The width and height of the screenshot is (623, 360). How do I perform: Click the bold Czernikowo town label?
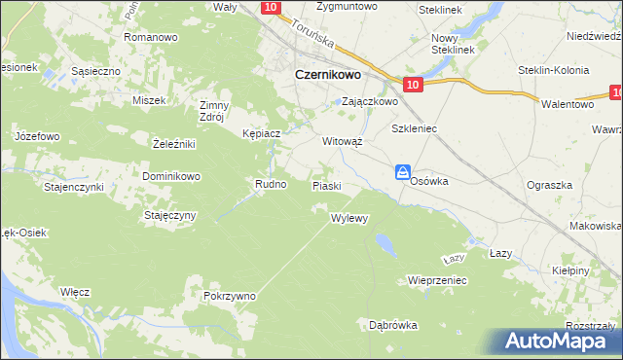coord(328,74)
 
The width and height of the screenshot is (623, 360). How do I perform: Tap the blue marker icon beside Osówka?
coord(403,172)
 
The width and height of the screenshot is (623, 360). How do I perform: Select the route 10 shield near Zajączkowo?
coord(413,86)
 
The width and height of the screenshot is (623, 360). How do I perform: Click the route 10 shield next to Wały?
coord(272,8)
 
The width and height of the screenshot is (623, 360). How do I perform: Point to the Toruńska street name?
coord(312,36)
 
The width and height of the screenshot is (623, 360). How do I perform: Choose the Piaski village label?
coord(325,185)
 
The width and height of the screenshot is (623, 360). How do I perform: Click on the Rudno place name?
coord(270,183)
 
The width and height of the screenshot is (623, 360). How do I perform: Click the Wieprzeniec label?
coord(438,280)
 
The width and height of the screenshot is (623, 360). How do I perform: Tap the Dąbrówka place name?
coord(393,324)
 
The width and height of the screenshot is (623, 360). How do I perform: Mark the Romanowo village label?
coord(150,37)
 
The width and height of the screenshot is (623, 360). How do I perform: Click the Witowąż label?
coord(343,141)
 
